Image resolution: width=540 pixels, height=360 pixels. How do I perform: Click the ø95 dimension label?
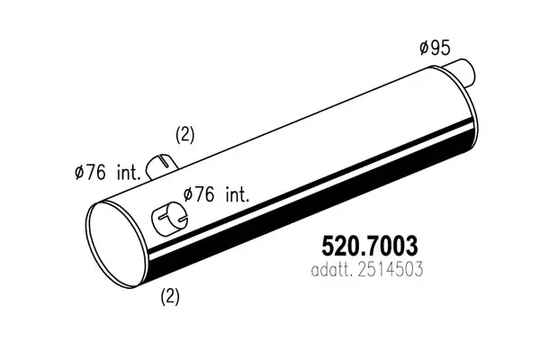point(435,48)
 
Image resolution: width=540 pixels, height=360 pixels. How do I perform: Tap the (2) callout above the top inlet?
point(185,135)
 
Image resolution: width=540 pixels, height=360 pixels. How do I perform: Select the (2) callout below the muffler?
point(170,296)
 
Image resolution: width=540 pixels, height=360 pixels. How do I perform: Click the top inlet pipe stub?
point(161,166)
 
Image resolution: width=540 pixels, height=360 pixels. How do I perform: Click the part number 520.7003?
point(369,246)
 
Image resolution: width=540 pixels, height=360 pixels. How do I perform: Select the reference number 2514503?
point(391,270)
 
